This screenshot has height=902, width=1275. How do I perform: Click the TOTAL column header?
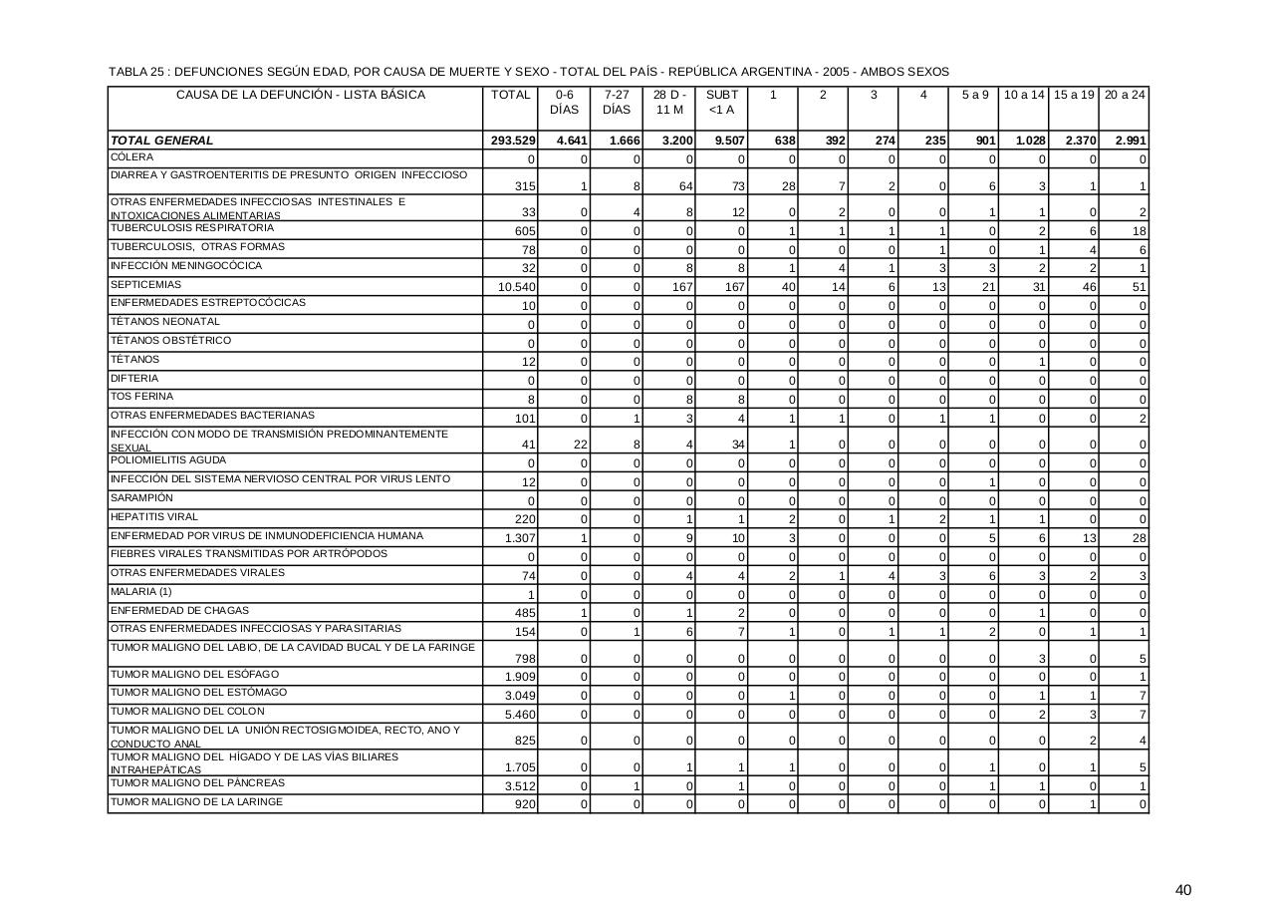point(510,96)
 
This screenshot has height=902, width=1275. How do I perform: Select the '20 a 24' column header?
point(1125,96)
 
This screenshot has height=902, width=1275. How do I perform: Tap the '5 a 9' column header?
point(975,96)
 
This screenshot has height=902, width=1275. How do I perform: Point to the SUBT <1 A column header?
point(721,103)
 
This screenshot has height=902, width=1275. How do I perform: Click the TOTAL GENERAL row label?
point(162,141)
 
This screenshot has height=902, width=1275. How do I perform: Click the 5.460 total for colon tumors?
point(521,715)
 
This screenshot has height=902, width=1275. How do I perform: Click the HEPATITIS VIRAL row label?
point(154,517)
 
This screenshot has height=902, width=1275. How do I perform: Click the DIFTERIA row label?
point(134,379)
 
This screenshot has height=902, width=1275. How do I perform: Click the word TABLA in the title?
point(127,72)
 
